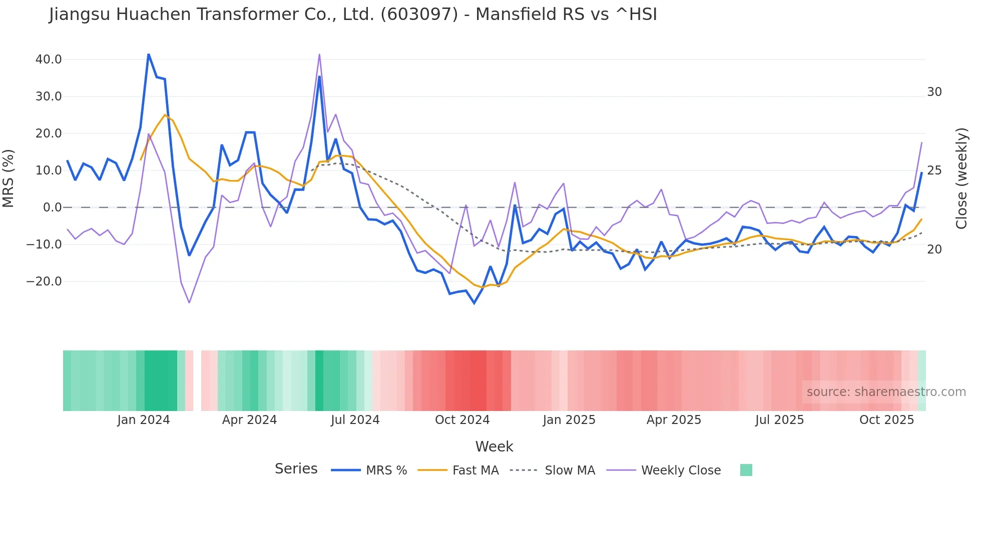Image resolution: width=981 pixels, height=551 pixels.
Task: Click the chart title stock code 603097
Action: tap(419, 14)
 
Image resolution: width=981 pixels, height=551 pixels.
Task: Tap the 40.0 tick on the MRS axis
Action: tap(49, 59)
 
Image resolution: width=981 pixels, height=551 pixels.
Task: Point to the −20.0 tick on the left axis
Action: tap(45, 281)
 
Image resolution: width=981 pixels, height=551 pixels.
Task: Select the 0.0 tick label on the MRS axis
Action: tap(53, 207)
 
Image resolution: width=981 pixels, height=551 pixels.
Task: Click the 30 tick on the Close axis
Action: tap(934, 92)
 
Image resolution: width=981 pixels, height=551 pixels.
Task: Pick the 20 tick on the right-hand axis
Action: tap(934, 249)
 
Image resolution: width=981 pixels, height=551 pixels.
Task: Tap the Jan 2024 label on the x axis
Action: tap(144, 420)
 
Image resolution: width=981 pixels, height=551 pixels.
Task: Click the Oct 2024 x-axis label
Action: tap(462, 420)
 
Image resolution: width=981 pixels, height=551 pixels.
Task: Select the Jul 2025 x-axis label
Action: tap(779, 420)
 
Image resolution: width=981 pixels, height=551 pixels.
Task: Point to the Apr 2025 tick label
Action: tap(674, 420)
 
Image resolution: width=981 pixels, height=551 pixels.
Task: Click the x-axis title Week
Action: tap(494, 446)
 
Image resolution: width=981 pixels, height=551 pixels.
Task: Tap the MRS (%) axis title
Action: tap(9, 178)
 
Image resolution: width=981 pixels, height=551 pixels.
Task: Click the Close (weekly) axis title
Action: tap(961, 178)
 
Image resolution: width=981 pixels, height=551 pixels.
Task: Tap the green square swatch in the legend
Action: tap(746, 470)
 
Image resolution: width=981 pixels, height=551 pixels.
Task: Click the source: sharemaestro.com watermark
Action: tap(886, 392)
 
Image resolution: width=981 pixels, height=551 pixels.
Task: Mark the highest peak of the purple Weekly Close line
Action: tap(319, 54)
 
